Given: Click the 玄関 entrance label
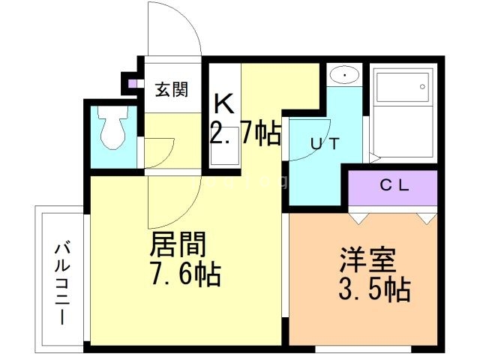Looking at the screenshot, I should pyautogui.click(x=171, y=90).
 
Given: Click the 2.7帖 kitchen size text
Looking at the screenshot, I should pyautogui.click(x=245, y=135).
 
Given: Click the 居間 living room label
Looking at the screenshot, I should pyautogui.click(x=178, y=244).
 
